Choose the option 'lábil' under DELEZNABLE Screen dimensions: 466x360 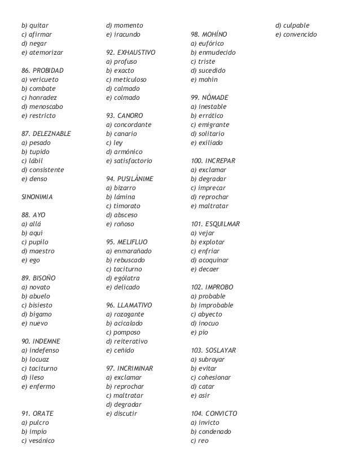(x=32, y=161)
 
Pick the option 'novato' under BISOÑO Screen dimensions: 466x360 (x=35, y=287)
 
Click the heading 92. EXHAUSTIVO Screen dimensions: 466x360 (x=130, y=52)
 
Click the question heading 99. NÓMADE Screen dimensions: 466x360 (x=210, y=98)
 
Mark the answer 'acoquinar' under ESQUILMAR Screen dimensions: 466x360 (x=210, y=260)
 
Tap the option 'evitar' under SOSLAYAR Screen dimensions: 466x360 (x=204, y=368)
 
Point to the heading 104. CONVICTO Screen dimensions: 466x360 (x=214, y=414)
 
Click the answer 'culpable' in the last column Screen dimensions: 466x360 (x=293, y=25)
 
